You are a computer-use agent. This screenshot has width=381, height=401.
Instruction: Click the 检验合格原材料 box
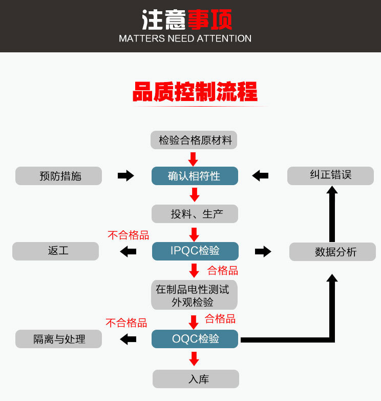pyautogui.click(x=195, y=140)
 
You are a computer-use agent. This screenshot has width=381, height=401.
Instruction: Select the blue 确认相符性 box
pyautogui.click(x=195, y=176)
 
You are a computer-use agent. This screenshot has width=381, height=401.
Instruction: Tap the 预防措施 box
pyautogui.click(x=59, y=176)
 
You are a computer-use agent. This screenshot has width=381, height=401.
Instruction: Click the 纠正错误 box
pyautogui.click(x=330, y=175)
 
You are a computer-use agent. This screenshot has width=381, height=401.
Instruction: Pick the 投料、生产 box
pyautogui.click(x=195, y=214)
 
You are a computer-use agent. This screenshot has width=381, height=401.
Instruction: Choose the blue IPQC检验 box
pyautogui.click(x=195, y=251)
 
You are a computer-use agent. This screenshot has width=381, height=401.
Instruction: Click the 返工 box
pyautogui.click(x=55, y=251)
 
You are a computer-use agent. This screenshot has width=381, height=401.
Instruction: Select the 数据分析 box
pyautogui.click(x=332, y=252)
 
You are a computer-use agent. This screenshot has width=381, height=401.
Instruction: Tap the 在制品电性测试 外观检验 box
pyautogui.click(x=195, y=295)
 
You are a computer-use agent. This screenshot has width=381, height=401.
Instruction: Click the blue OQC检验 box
pyautogui.click(x=195, y=339)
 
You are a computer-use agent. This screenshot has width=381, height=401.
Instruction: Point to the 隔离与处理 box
pyautogui.click(x=59, y=339)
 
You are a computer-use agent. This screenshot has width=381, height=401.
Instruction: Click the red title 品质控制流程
pyautogui.click(x=195, y=92)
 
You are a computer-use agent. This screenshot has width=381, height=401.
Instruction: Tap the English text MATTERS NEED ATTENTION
pyautogui.click(x=185, y=38)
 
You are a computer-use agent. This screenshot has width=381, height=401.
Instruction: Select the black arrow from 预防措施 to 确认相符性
pyautogui.click(x=125, y=176)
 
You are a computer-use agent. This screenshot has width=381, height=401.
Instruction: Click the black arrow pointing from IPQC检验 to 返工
pyautogui.click(x=128, y=251)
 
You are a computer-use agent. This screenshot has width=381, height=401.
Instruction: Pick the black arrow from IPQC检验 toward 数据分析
pyautogui.click(x=263, y=251)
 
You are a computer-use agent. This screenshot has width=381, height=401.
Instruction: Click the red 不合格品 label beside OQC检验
pyautogui.click(x=126, y=323)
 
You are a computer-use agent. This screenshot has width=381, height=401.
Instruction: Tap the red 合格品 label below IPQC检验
pyautogui.click(x=222, y=270)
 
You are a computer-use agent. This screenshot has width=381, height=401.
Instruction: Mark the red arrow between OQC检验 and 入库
pyautogui.click(x=194, y=358)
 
